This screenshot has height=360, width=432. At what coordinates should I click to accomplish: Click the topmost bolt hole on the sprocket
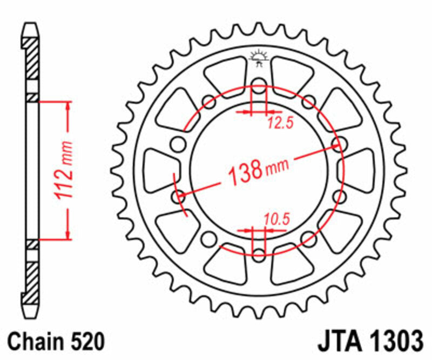tap(259, 84)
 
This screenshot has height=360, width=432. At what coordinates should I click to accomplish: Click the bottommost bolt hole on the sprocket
tap(259, 254)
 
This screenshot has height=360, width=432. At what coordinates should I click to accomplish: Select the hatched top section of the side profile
tap(32, 59)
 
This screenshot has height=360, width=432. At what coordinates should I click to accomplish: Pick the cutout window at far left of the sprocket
tap(160, 169)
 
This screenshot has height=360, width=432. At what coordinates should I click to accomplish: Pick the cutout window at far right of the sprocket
tap(359, 169)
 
